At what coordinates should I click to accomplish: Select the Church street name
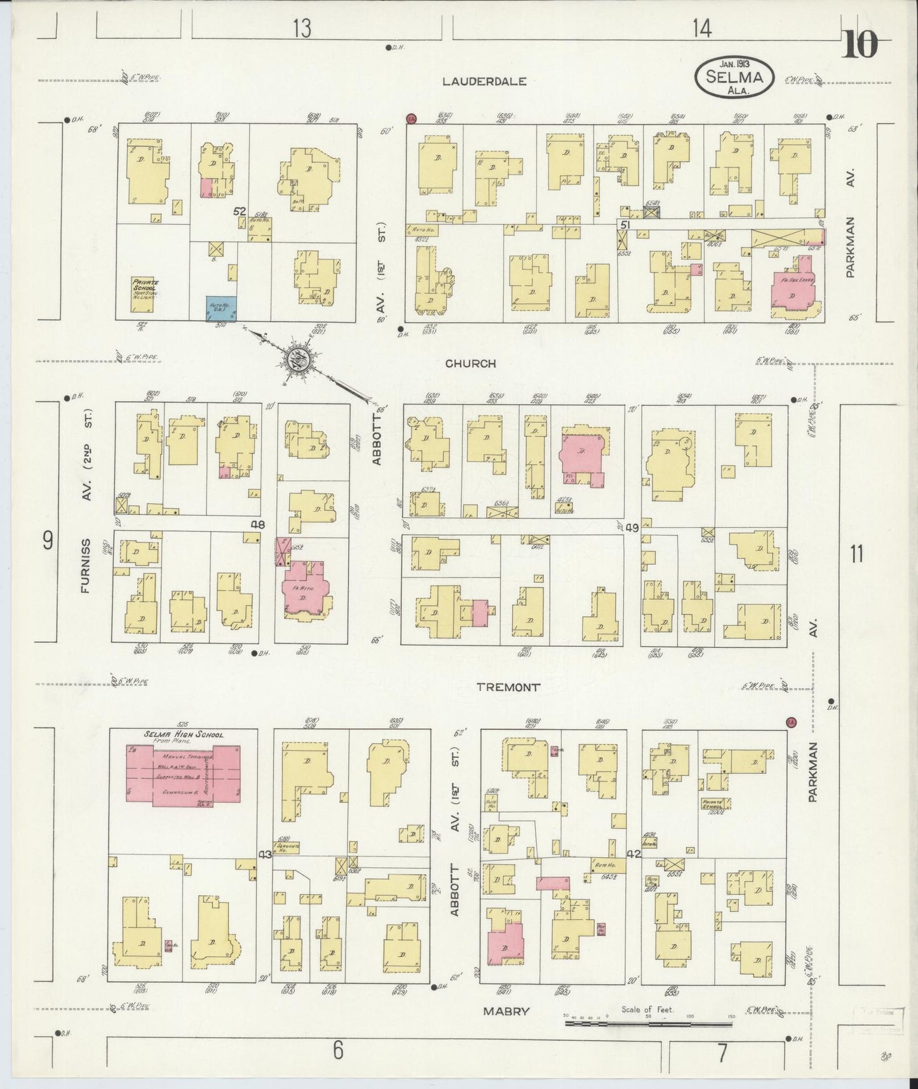click(x=470, y=364)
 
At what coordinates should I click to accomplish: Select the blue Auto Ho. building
click(x=221, y=308)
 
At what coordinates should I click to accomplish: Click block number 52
click(x=239, y=211)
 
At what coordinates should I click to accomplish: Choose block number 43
click(x=264, y=855)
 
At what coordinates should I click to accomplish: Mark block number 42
click(x=633, y=855)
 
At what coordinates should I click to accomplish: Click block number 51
click(x=625, y=225)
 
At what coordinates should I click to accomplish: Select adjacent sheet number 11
click(x=856, y=554)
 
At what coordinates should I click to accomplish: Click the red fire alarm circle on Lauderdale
click(x=411, y=118)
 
